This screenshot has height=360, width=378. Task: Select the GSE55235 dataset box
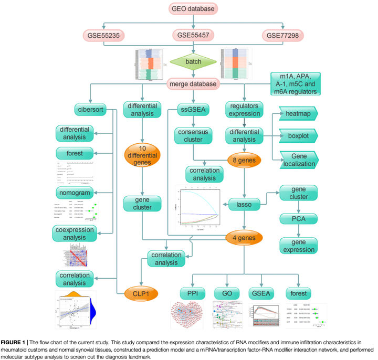106,35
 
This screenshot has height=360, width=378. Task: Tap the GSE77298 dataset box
284,35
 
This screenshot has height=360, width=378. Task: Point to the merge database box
194,83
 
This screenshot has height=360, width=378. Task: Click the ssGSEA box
194,110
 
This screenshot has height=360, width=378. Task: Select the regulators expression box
244,110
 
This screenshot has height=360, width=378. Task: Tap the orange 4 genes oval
244,238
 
